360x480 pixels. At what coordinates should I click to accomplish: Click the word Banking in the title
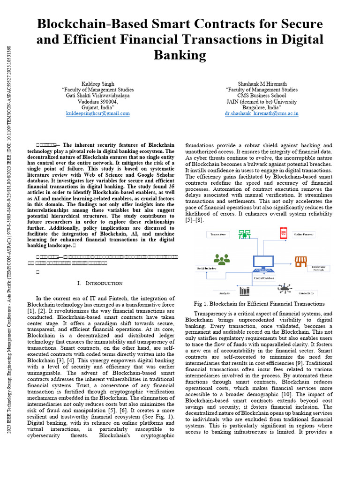[x=180, y=55]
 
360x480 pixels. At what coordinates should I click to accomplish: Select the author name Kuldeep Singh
[x=97, y=84]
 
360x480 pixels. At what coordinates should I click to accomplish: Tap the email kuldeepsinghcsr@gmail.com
[x=97, y=113]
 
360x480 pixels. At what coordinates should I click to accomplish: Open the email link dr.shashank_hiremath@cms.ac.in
[x=261, y=113]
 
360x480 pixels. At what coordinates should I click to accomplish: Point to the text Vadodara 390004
[x=97, y=101]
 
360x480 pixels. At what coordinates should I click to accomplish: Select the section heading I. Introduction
[x=100, y=283]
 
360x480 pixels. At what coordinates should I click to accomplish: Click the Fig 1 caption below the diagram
[x=259, y=304]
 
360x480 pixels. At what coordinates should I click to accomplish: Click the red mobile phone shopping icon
[x=283, y=232]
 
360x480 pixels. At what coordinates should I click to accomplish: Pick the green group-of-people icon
[x=221, y=259]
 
